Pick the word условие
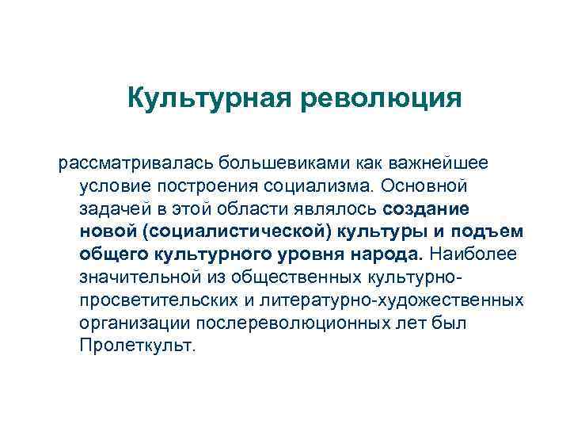(114, 186)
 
